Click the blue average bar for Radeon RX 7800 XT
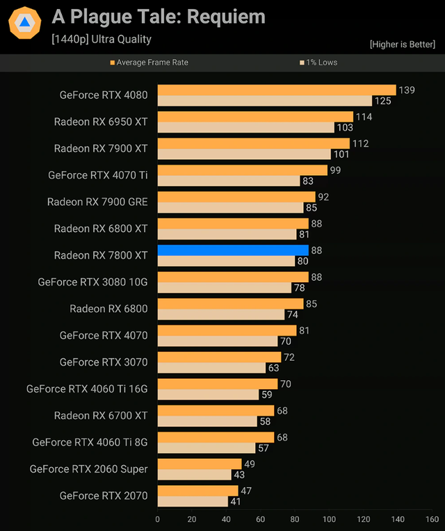(x=233, y=250)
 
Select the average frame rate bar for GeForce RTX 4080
(x=276, y=90)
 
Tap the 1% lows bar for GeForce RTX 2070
(x=193, y=501)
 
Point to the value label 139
(x=406, y=90)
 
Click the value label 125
(x=382, y=101)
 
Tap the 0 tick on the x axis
(x=158, y=519)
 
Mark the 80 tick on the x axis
(x=295, y=519)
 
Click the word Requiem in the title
(x=230, y=17)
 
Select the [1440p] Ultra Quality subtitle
(x=101, y=40)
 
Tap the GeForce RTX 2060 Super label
(x=88, y=469)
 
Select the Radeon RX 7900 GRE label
(x=97, y=202)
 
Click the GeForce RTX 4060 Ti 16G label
(x=87, y=389)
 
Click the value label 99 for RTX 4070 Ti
(x=335, y=170)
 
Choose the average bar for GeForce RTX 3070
(x=219, y=357)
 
